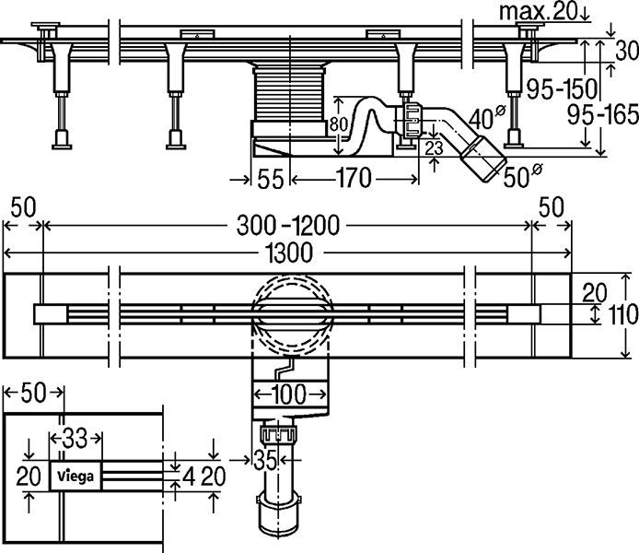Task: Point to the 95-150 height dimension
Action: [559, 90]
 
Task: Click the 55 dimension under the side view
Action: [270, 178]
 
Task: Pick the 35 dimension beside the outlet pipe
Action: [268, 456]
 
